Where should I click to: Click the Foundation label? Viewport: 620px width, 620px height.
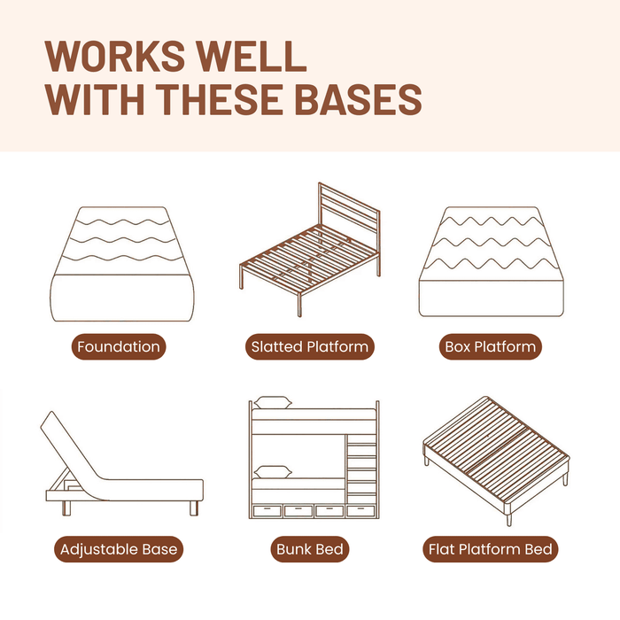click(119, 347)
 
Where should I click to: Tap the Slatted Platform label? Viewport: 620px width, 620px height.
click(310, 347)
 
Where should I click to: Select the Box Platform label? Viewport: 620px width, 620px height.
click(491, 347)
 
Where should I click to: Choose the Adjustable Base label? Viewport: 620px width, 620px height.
click(119, 549)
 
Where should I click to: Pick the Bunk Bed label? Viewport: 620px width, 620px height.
click(310, 549)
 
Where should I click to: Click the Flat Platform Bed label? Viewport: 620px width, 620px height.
click(491, 549)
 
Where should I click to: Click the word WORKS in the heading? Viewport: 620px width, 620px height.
click(115, 56)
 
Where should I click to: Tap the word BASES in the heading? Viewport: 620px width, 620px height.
click(358, 99)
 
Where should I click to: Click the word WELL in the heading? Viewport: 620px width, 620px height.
click(252, 56)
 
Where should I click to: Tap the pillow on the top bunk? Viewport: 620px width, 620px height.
click(273, 402)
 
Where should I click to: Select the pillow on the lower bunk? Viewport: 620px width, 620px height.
click(273, 472)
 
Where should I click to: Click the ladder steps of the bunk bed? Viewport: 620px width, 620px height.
click(361, 469)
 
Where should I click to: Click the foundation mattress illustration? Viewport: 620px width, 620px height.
click(122, 264)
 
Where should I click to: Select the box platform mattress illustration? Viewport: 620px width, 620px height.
click(491, 262)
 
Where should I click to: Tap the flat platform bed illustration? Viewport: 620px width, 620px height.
click(496, 461)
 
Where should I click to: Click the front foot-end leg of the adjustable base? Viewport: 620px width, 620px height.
click(194, 508)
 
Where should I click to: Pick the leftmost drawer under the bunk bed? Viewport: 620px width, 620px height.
click(267, 511)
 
